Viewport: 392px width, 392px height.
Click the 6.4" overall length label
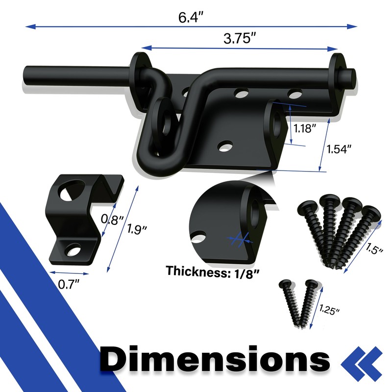pos(191,17)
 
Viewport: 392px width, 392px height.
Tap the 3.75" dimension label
pos(240,39)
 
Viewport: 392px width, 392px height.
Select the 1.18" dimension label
pos(304,128)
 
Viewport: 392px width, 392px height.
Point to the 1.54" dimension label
pos(339,149)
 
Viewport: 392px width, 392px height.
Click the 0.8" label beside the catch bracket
pos(112,220)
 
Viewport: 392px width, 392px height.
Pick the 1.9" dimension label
pos(137,229)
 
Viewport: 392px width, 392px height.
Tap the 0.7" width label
pos(68,284)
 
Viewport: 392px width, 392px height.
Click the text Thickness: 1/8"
pos(213,272)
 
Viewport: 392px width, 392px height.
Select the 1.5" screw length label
pos(374,248)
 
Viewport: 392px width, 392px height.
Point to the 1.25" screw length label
pos(329,310)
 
